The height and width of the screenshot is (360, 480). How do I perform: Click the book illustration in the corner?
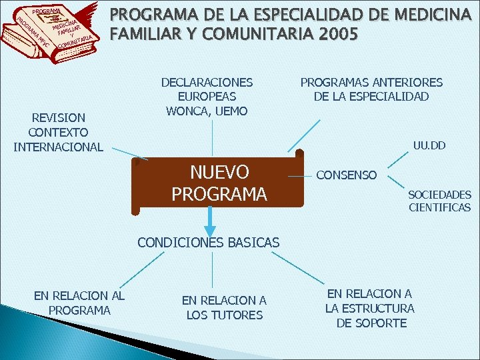click(53, 32)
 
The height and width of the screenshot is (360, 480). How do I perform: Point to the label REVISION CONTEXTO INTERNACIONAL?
click(59, 132)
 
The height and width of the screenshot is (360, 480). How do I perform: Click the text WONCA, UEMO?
click(207, 111)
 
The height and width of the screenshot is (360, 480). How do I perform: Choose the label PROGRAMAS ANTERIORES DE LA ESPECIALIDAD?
click(371, 89)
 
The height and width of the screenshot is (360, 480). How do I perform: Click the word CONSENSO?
click(346, 175)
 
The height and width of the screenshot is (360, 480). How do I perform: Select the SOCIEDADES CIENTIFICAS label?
click(439, 201)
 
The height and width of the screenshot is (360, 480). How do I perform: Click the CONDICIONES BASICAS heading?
click(208, 243)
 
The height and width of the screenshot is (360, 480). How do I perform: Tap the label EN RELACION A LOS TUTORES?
click(224, 308)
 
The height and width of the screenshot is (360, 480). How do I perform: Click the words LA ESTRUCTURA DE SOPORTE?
click(370, 315)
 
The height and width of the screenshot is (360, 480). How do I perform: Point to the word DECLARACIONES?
click(207, 82)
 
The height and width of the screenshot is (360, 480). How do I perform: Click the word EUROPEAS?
click(207, 97)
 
